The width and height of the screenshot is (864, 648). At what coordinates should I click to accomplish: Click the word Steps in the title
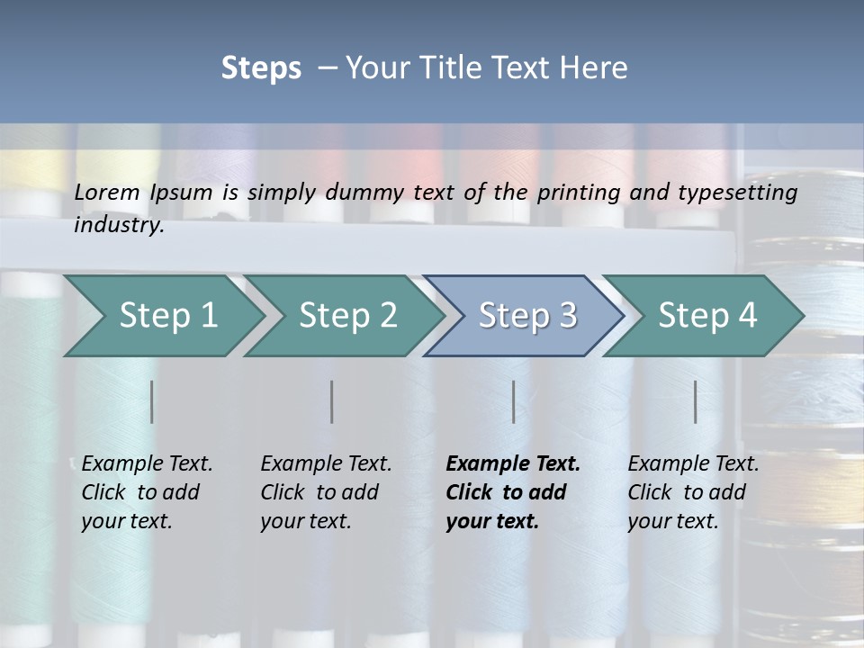point(261,68)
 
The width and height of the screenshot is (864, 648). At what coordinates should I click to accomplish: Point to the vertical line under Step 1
point(152,401)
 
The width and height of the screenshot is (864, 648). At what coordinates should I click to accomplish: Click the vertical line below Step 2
point(332,401)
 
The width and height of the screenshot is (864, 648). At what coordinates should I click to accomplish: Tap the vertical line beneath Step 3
point(514,401)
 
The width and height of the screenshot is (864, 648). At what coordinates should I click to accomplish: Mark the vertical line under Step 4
point(696,401)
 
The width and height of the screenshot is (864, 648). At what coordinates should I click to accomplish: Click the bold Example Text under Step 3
point(513,464)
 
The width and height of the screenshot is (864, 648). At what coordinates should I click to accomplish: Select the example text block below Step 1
point(147,492)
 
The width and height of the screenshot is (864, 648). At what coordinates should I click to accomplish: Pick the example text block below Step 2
point(326,492)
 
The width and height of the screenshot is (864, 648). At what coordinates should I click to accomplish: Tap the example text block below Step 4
point(693,492)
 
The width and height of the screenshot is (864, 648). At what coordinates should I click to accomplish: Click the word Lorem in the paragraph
point(107,192)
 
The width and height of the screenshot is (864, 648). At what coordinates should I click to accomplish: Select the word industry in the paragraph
point(119,225)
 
